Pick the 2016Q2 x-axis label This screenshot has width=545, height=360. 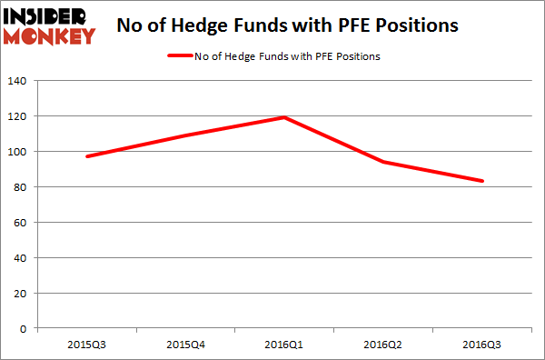point(383,345)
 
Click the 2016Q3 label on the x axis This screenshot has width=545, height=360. point(482,345)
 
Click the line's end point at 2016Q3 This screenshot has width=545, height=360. point(482,181)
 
